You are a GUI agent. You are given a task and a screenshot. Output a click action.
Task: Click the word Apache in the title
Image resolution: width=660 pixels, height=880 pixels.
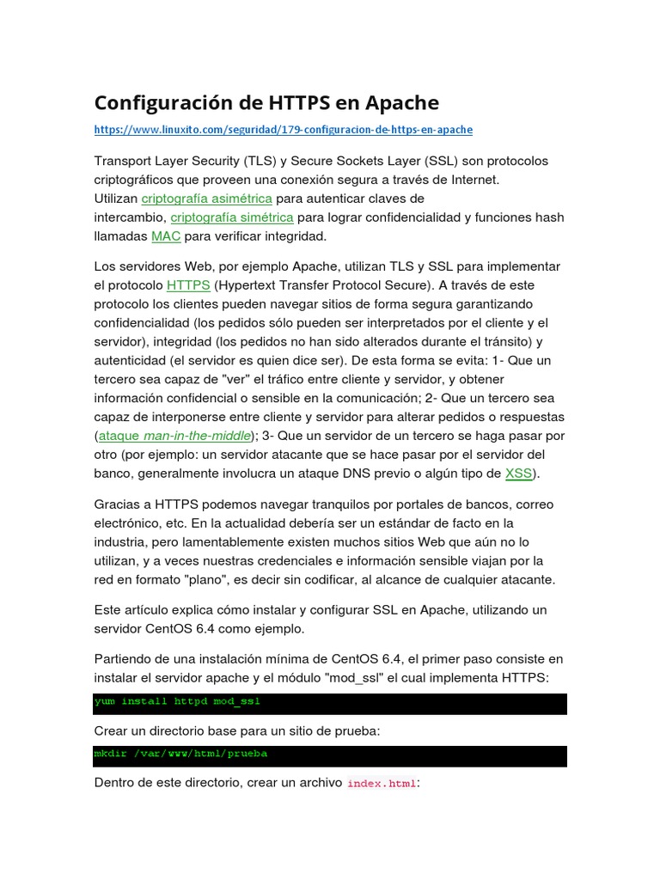pos(401,103)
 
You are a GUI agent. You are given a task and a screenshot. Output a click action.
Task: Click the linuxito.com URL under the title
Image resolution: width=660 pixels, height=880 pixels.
pos(283,130)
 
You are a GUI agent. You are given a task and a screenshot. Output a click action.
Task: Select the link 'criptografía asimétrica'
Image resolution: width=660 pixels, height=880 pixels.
pos(206,199)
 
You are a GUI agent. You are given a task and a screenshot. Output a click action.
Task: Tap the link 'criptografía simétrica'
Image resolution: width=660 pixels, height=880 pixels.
pos(232,217)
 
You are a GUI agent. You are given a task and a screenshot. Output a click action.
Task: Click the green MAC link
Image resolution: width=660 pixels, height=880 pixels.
pos(166,236)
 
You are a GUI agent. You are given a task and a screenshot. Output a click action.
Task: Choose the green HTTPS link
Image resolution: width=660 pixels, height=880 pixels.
pos(188,285)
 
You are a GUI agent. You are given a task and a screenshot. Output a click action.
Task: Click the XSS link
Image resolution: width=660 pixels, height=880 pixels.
pos(518,474)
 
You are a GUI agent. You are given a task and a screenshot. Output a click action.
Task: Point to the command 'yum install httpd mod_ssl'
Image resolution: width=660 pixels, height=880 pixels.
pos(177,702)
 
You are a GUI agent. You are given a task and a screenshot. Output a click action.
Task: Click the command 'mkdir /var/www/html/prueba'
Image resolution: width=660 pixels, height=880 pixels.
pos(180,754)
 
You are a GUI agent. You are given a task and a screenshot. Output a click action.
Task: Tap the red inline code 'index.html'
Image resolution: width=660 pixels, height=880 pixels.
pos(382,784)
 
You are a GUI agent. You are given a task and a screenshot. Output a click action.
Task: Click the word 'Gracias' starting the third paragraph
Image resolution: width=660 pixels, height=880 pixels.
pos(119,504)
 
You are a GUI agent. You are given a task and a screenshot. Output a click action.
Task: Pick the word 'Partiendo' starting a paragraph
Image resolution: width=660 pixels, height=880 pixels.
pos(125,659)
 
